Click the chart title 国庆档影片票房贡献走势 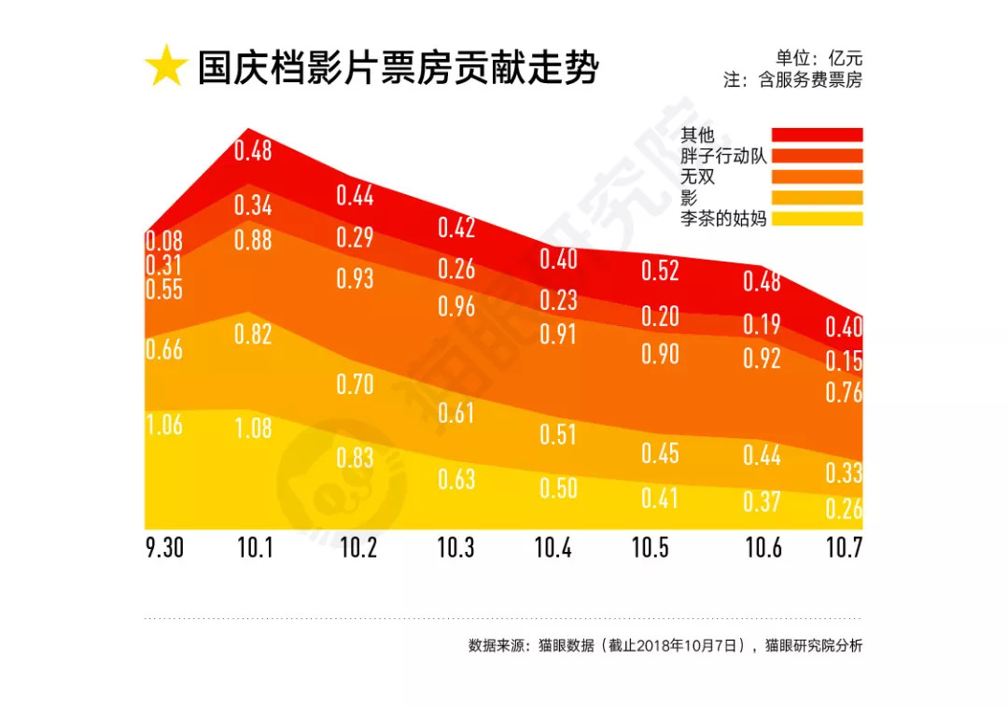point(398,69)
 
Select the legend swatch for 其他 point(817,135)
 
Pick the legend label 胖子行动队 point(723,156)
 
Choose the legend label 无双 point(698,176)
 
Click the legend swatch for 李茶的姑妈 point(817,219)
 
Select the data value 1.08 point(253,429)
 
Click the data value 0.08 point(164,241)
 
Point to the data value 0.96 point(456,306)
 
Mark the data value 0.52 point(659,271)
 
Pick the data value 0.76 point(844,392)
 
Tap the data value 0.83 point(355,458)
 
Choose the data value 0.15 point(844,360)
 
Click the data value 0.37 point(762,501)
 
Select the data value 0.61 point(456,413)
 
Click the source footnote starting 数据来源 point(665,645)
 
